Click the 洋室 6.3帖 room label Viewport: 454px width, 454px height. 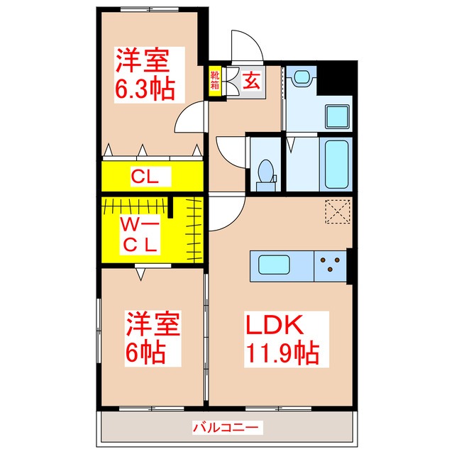pyautogui.click(x=146, y=74)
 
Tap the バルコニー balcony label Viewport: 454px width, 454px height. pyautogui.click(x=227, y=428)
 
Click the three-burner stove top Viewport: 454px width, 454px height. pyautogui.click(x=330, y=266)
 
